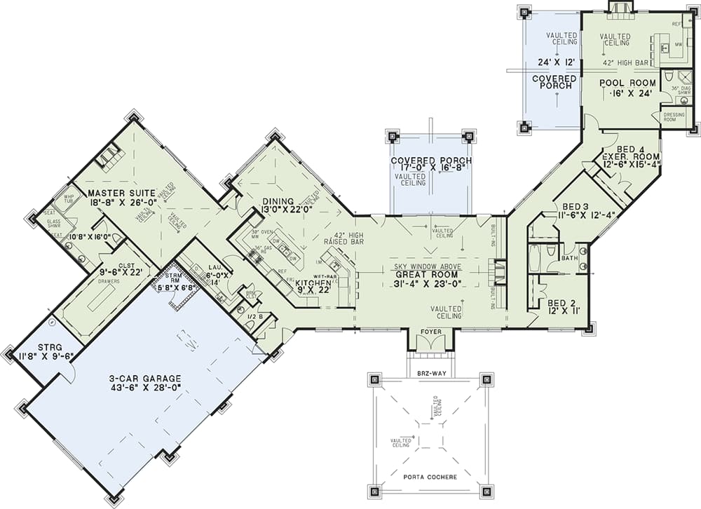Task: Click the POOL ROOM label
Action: [x=627, y=82]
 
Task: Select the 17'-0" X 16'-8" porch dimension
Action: [x=430, y=169]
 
